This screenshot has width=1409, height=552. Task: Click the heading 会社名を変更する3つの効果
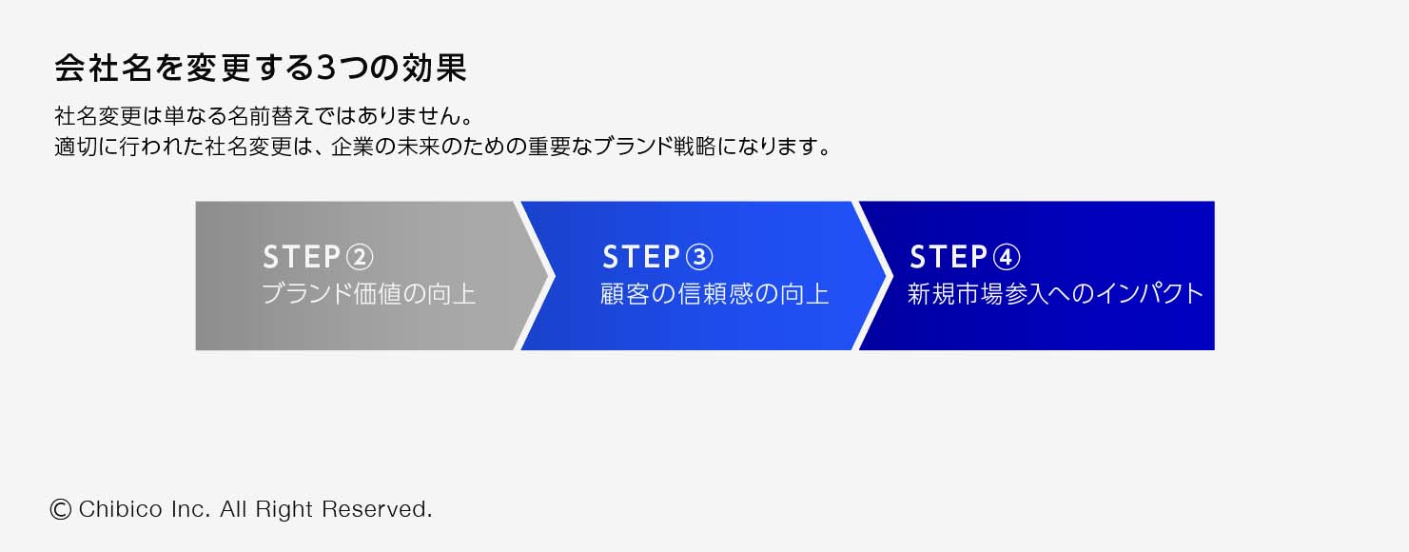(260, 69)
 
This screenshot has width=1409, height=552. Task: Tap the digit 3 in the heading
(325, 69)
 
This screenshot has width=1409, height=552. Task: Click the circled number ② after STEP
(360, 257)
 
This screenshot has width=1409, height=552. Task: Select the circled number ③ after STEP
(699, 257)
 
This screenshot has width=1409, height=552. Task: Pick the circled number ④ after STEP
(1007, 257)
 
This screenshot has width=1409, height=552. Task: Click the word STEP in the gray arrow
(302, 257)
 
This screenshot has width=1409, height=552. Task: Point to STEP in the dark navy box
(949, 257)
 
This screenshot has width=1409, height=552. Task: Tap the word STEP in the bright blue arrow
(641, 257)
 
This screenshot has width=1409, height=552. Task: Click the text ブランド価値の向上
(368, 294)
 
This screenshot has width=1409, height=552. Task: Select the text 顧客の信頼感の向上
(714, 294)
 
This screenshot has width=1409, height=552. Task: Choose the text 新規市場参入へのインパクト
(1055, 293)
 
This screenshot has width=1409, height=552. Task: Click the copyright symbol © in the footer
(60, 510)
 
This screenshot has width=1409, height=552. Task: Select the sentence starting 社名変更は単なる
(264, 118)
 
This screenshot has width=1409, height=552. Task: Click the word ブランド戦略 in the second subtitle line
(669, 149)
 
